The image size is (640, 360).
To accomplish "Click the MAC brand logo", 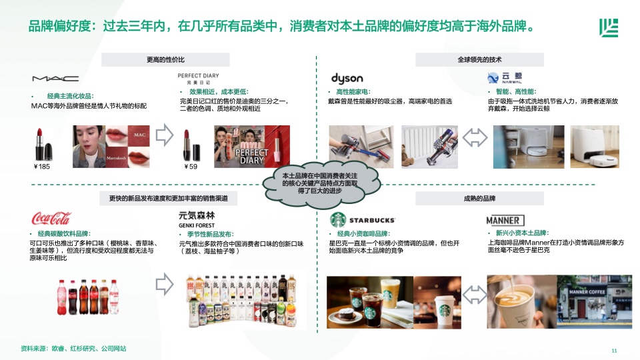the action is click(x=55, y=79).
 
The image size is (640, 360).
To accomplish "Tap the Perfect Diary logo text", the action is click(x=199, y=79).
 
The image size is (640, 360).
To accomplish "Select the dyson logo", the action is click(x=347, y=78).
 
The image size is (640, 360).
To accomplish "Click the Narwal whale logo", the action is click(x=493, y=77).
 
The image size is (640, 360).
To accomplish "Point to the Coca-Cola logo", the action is click(x=51, y=219).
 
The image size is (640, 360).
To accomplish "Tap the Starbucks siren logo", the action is click(x=338, y=220).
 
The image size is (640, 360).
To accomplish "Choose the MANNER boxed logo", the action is click(x=505, y=221).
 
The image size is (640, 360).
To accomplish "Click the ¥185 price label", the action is click(x=41, y=167).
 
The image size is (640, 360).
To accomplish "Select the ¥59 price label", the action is click(x=191, y=167).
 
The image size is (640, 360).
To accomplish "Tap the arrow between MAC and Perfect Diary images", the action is click(x=165, y=135).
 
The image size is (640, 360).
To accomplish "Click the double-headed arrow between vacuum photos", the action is click(x=475, y=137).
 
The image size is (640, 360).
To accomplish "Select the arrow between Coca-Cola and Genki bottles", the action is click(x=165, y=284).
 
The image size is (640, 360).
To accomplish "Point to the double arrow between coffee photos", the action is click(x=474, y=295).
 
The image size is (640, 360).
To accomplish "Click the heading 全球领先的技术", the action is click(x=479, y=59).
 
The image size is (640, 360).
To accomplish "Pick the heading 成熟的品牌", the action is click(x=479, y=199).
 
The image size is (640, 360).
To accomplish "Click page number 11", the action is click(x=614, y=351).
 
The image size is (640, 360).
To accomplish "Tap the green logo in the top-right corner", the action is click(x=609, y=28).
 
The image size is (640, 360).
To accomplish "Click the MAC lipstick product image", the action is click(x=43, y=144).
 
